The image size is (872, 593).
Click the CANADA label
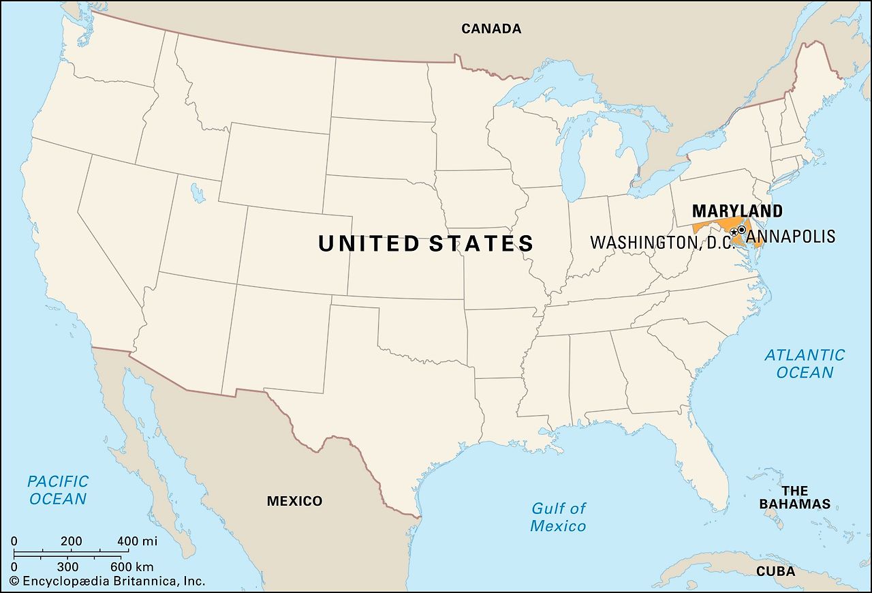coord(491,29)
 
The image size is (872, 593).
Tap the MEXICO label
coord(294,501)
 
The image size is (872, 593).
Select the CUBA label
coord(775,571)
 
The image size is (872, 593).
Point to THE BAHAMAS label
coord(795,498)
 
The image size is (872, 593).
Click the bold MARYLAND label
coord(737,211)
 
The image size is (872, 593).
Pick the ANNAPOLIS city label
coord(791,237)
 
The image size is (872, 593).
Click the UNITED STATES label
coord(426,243)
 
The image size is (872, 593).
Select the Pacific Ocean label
coord(58,490)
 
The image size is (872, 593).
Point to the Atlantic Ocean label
coord(805,363)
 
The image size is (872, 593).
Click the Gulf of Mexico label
coord(558,517)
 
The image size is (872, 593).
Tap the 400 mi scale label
coord(137,542)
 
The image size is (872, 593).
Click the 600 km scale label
coord(131,566)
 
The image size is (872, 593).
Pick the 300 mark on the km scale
coord(67,566)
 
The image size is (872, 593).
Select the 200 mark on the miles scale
coord(71,542)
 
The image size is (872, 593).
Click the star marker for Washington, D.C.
coord(734,232)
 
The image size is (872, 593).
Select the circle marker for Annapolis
coord(741,230)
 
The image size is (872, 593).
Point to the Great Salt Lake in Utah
coord(198,194)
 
